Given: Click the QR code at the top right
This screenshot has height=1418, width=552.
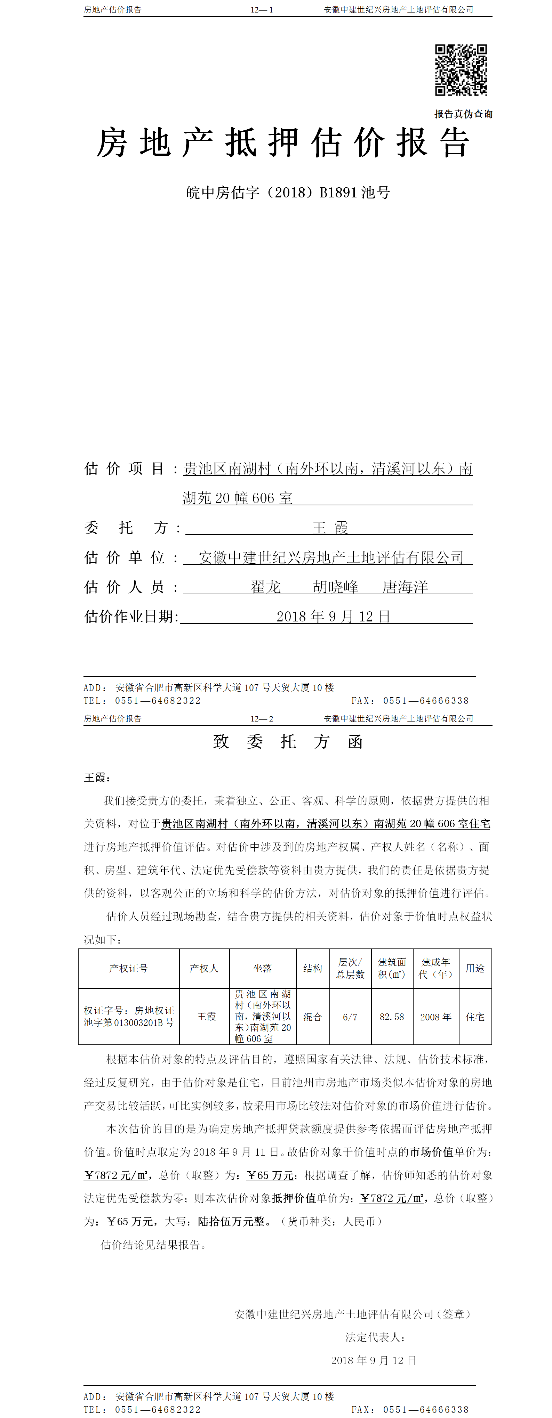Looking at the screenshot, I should point(461,70).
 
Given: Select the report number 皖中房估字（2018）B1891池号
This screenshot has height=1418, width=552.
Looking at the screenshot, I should point(288,193).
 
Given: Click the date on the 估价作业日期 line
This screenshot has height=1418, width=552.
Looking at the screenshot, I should point(333,617).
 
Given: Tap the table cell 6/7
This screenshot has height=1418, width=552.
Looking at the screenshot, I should point(350,1017).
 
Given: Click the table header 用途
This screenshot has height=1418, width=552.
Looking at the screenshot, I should point(475,968).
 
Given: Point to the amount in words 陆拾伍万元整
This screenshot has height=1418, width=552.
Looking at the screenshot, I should point(231,1222).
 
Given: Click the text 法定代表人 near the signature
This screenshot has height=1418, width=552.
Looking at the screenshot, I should point(375,1337).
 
